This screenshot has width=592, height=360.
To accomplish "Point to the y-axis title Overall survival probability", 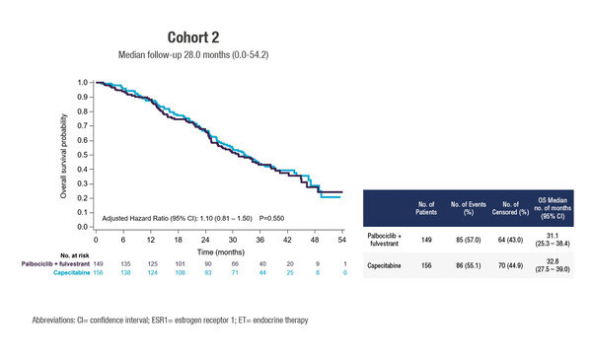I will coord(63,155).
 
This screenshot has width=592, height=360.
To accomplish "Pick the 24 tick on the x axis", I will coord(205,241).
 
